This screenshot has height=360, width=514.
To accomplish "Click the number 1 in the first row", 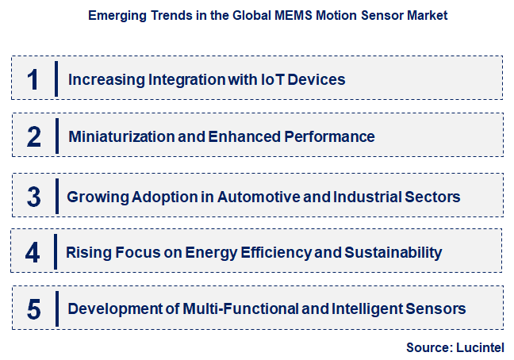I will pos(33,80).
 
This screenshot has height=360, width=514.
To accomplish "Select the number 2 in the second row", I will pos(33,137).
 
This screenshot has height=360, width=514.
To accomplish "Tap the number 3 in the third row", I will pos(33,195).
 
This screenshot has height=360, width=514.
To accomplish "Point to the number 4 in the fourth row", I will pos(33,253).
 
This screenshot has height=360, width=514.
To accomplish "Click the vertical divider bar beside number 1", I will pos(56,79).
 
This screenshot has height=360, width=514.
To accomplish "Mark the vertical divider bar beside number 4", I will pos(56,252).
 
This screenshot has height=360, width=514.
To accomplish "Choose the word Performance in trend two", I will pos(332,136).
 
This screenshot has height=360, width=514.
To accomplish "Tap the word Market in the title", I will pos(428,15).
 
